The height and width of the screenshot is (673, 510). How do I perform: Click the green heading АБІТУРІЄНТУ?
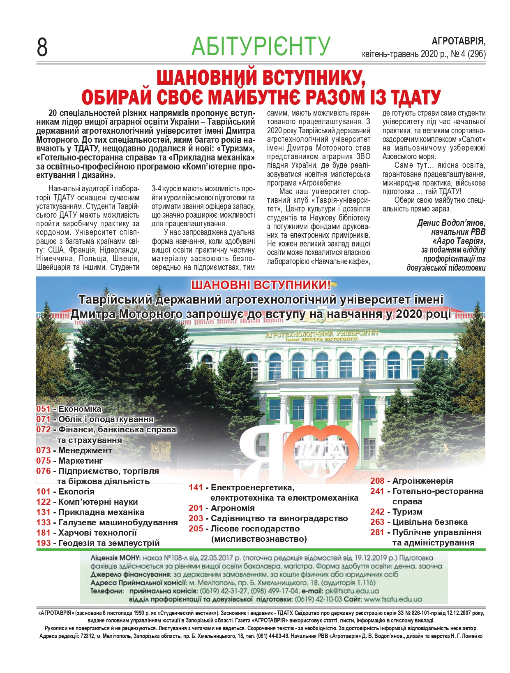pos(261,46)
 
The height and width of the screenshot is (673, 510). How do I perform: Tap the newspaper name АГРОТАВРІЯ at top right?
pos(458,41)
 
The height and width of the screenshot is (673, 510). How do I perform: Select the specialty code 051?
pos(43,409)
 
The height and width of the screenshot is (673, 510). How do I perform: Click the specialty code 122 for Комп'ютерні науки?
pos(43,502)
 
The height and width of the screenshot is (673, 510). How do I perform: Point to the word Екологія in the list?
pos(76,492)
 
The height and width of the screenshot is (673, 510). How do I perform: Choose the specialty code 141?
pos(196,487)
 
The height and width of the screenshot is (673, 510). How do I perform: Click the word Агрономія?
pos(233,508)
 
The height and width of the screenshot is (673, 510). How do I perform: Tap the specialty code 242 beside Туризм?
pos(377,512)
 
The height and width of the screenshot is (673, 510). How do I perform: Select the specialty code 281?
pos(377,532)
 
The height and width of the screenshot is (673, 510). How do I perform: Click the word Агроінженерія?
pos(422,481)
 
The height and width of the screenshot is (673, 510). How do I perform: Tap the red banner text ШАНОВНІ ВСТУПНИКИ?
pos(261,285)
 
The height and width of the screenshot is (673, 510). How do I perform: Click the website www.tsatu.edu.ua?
pos(393,599)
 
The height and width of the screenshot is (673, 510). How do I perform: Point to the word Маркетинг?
pos(81,461)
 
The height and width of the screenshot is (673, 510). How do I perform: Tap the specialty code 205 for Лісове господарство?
pos(196,529)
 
